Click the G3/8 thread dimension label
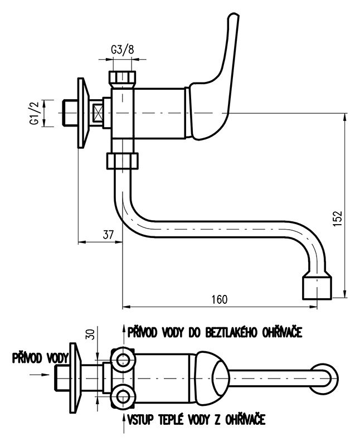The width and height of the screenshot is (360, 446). click(123, 49)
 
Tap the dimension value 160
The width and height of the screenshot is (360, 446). click(220, 299)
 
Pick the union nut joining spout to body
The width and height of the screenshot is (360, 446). click(122, 161)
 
